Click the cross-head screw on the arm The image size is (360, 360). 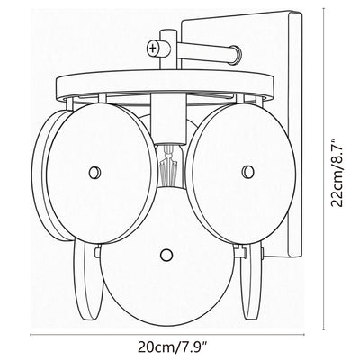153,48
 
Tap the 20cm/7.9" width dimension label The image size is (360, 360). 174,347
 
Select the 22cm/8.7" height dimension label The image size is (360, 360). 337,172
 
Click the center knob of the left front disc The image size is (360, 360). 94,173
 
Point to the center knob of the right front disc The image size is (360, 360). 248,172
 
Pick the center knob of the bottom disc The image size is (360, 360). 166,255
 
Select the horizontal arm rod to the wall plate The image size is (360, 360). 207,51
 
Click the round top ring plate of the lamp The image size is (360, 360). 166,85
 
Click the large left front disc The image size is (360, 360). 102,174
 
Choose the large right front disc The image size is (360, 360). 240,174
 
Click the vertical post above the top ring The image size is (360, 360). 168,49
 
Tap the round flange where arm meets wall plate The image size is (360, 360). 236,54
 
